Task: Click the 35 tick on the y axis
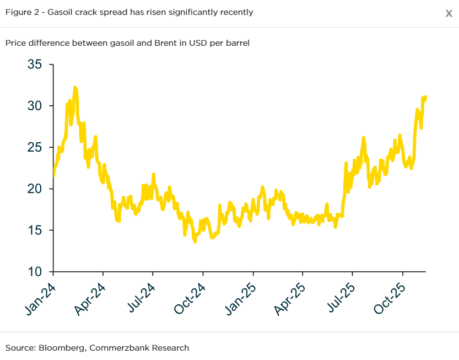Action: click(x=35, y=65)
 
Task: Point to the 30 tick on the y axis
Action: click(x=35, y=106)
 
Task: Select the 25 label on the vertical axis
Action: click(x=35, y=147)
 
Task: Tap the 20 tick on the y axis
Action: click(x=35, y=189)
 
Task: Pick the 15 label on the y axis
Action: click(x=35, y=230)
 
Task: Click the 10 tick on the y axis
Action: click(x=35, y=272)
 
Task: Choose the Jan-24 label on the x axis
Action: click(x=40, y=298)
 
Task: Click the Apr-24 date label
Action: click(x=90, y=298)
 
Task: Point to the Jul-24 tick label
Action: click(x=140, y=298)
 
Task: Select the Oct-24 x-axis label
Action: click(x=190, y=298)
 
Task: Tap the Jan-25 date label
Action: click(x=240, y=298)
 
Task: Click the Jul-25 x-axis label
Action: click(x=340, y=298)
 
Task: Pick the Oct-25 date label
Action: click(x=390, y=298)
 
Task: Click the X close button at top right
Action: click(x=449, y=13)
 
